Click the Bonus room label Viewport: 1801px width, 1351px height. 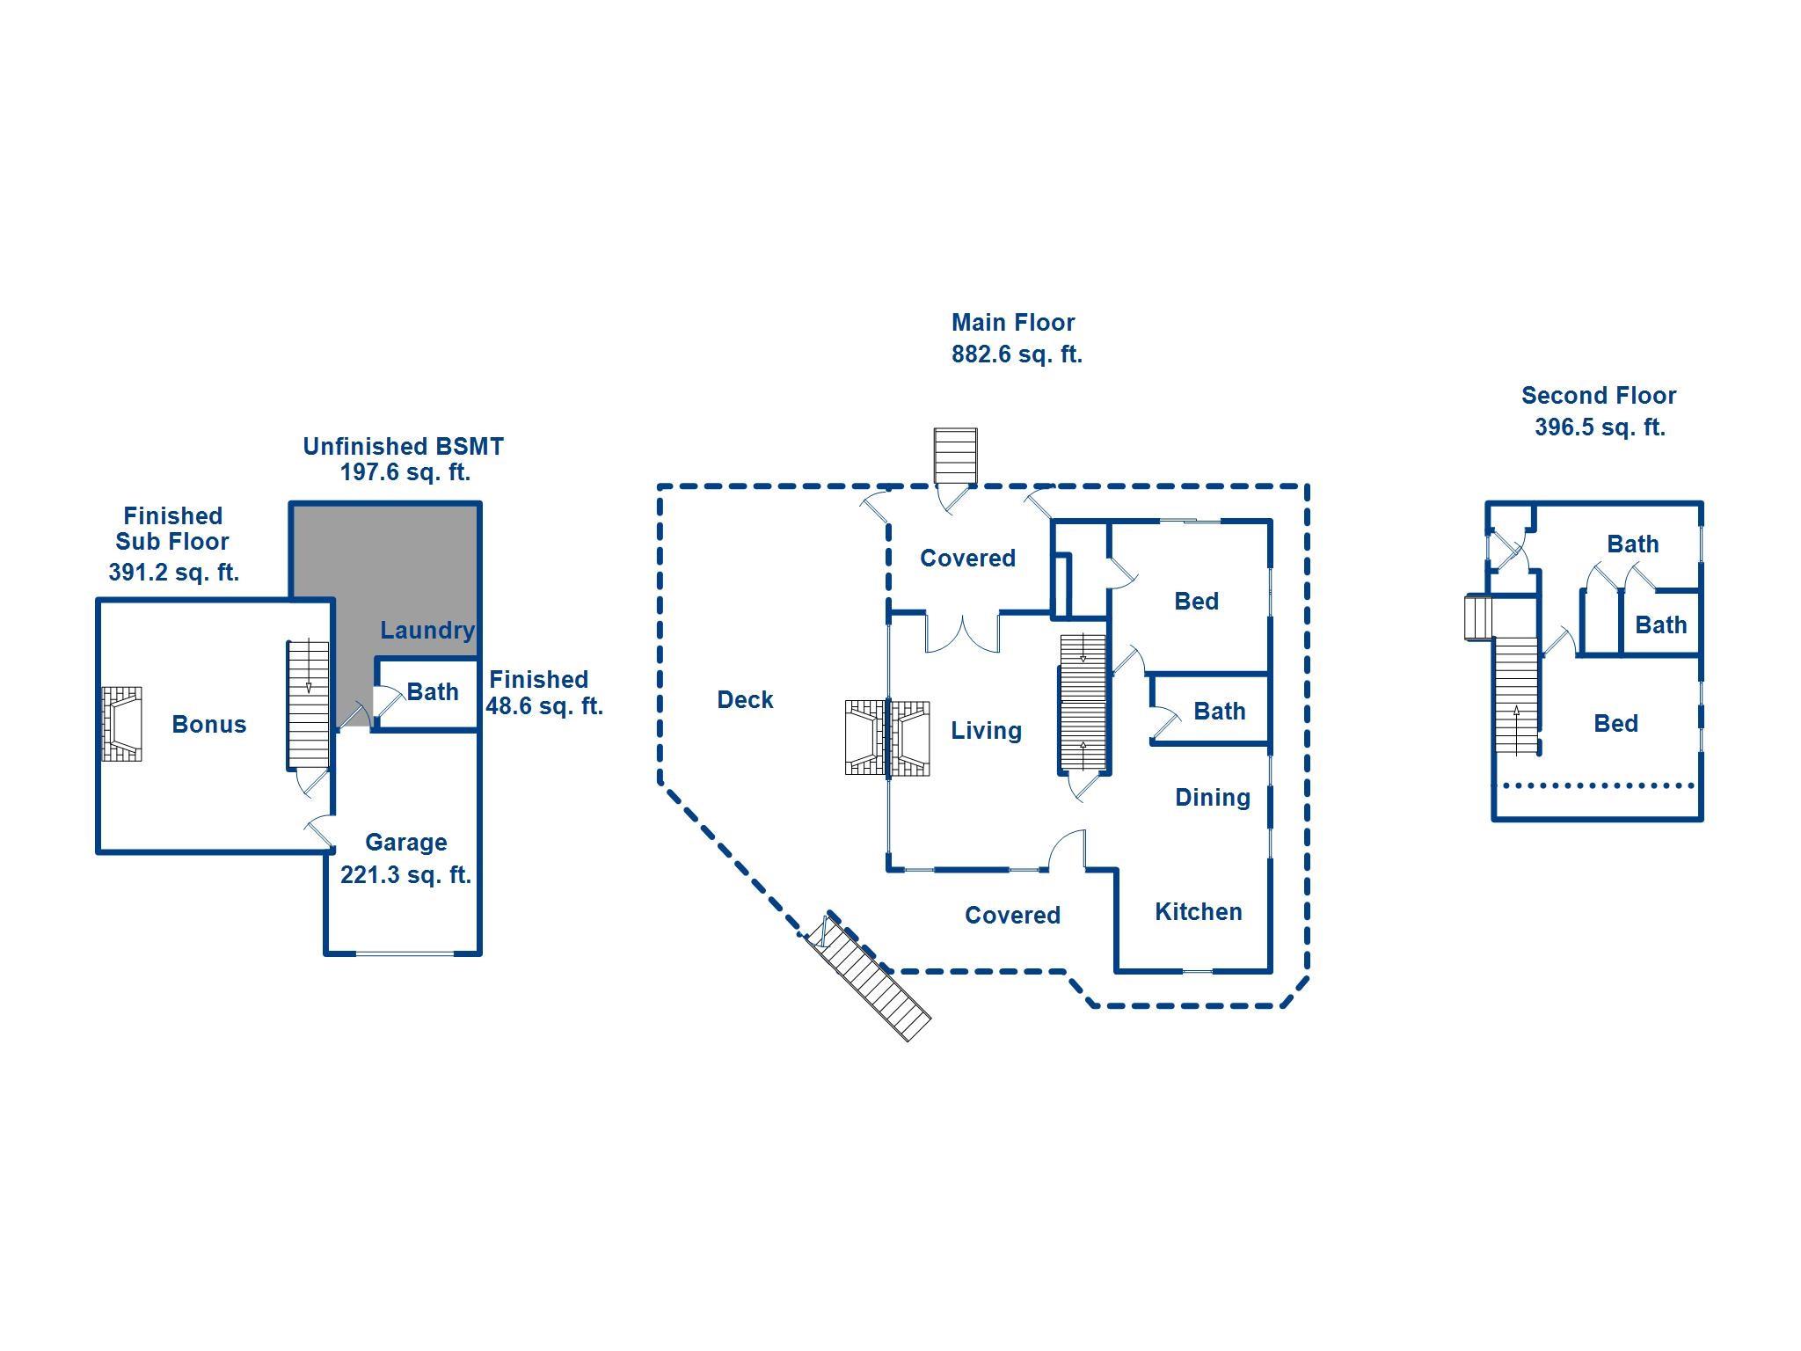pyautogui.click(x=209, y=724)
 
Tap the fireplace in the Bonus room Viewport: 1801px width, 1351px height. pyautogui.click(x=122, y=724)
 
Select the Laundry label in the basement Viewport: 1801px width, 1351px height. pyautogui.click(x=427, y=631)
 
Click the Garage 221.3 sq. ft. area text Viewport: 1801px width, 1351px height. pyautogui.click(x=405, y=858)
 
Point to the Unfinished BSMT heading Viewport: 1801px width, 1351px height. pyautogui.click(x=404, y=447)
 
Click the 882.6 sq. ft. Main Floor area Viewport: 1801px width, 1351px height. pyautogui.click(x=1017, y=354)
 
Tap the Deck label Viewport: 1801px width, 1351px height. pyautogui.click(x=746, y=700)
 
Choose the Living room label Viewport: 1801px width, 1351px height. pyautogui.click(x=987, y=731)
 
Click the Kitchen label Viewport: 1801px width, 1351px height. pyautogui.click(x=1199, y=912)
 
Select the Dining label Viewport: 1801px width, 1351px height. pyautogui.click(x=1213, y=798)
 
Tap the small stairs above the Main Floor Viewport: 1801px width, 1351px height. pyautogui.click(x=955, y=456)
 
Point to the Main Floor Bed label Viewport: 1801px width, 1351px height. pyautogui.click(x=1197, y=602)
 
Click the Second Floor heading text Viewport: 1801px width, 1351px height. pyautogui.click(x=1599, y=396)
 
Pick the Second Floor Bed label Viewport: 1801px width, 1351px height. pyautogui.click(x=1616, y=724)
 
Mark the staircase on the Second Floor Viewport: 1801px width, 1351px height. pyautogui.click(x=1516, y=695)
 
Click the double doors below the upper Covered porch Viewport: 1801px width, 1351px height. pyautogui.click(x=963, y=633)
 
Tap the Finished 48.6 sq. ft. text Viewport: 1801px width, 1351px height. pyautogui.click(x=544, y=692)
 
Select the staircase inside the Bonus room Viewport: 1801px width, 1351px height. pyautogui.click(x=309, y=705)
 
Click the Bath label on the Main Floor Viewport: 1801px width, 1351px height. pyautogui.click(x=1220, y=712)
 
